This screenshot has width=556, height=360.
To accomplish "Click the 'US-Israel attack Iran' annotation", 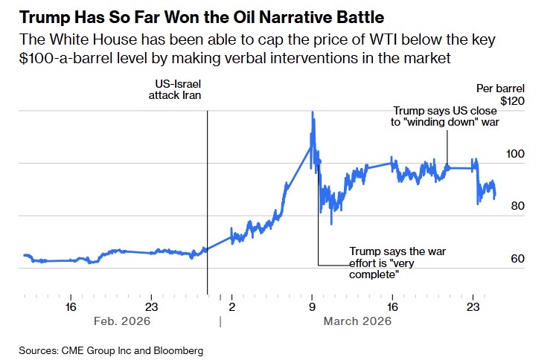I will pyautogui.click(x=174, y=90).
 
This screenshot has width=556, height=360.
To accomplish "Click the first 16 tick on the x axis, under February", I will pyautogui.click(x=71, y=306).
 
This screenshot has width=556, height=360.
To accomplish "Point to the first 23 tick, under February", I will pyautogui.click(x=151, y=306).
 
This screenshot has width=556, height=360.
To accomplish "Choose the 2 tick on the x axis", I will pyautogui.click(x=231, y=306).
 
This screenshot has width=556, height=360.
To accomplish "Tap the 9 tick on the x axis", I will pyautogui.click(x=312, y=306).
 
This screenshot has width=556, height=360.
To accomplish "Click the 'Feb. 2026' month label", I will pyautogui.click(x=122, y=321).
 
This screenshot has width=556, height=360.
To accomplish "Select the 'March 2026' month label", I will pyautogui.click(x=357, y=321).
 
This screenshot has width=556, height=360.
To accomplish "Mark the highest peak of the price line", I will pyautogui.click(x=312, y=112).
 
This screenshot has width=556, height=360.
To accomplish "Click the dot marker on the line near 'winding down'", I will pyautogui.click(x=447, y=167).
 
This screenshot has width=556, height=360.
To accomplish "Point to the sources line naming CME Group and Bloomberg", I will pyautogui.click(x=111, y=350).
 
